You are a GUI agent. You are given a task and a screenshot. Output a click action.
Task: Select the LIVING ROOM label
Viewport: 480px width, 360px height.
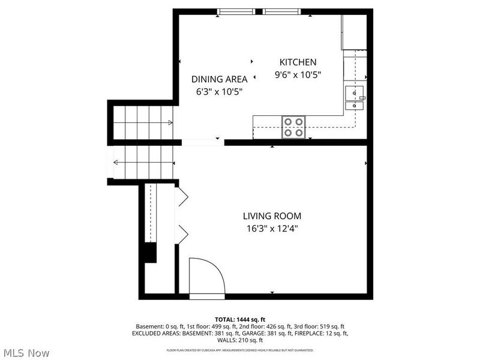(x=272, y=216)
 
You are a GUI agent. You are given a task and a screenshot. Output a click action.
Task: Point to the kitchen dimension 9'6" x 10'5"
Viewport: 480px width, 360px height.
(x=298, y=75)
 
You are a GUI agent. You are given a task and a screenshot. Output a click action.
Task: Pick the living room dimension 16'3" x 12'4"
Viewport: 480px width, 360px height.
(x=272, y=229)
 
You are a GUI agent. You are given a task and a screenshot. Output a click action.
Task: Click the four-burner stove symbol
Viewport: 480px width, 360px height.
(x=294, y=127)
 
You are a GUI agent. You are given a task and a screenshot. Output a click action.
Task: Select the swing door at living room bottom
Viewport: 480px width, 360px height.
(x=206, y=277)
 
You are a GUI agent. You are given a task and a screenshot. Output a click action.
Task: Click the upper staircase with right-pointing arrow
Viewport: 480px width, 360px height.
(x=143, y=122)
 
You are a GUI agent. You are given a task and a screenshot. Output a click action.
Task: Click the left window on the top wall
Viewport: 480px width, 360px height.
(x=236, y=11)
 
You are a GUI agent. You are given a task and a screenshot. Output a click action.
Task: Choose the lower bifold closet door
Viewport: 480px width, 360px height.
(x=182, y=233)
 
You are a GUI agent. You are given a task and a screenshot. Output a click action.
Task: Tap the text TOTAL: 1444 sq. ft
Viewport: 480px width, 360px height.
(x=240, y=319)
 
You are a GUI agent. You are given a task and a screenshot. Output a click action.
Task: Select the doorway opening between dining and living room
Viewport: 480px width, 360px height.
(x=202, y=142)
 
